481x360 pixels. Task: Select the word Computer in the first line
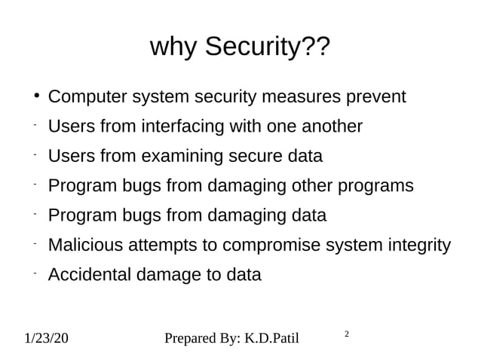pyautogui.click(x=87, y=98)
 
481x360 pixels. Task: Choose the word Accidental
pyautogui.click(x=89, y=275)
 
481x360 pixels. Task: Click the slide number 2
pyautogui.click(x=346, y=332)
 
